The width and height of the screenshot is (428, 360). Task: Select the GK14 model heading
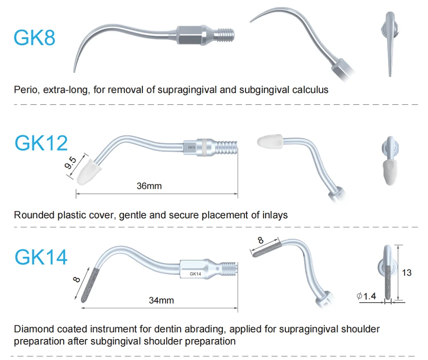pyautogui.click(x=41, y=257)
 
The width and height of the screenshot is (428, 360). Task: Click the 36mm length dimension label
pyautogui.click(x=149, y=186)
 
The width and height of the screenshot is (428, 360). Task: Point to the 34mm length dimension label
pyautogui.click(x=161, y=300)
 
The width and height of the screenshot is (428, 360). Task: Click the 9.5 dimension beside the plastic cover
pyautogui.click(x=71, y=164)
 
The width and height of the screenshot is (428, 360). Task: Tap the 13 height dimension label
pyautogui.click(x=407, y=272)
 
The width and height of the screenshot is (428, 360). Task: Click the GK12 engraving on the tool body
pyautogui.click(x=191, y=147)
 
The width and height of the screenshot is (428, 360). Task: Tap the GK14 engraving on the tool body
pyautogui.click(x=195, y=274)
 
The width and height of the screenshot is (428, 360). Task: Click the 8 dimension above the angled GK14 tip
pyautogui.click(x=261, y=240)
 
